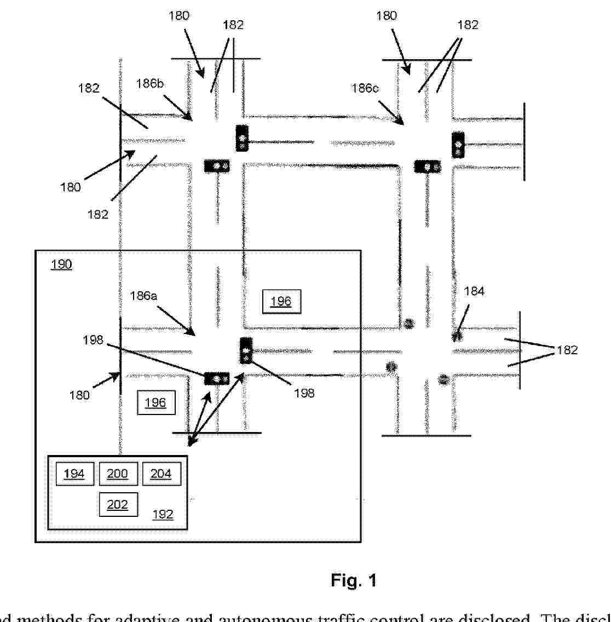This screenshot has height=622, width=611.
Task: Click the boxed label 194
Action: point(74,474)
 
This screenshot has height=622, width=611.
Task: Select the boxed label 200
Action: point(118,474)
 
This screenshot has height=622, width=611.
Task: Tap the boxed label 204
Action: point(161,474)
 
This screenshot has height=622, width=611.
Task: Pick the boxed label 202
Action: point(118,504)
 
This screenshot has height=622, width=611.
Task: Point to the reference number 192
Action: point(163,515)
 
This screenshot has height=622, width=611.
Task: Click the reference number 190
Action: point(61,265)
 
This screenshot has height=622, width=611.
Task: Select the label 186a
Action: point(143,296)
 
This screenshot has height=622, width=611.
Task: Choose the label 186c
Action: point(365,88)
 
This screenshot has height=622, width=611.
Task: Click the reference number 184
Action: point(474,292)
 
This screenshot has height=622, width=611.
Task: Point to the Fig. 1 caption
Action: point(354,580)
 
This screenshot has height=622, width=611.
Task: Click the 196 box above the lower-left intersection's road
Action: point(281,301)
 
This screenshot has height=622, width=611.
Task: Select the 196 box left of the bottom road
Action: point(155,403)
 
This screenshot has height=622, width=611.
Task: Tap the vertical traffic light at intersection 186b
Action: point(241,138)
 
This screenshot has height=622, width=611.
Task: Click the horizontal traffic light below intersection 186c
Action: point(428,166)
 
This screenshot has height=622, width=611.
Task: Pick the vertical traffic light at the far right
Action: point(458,145)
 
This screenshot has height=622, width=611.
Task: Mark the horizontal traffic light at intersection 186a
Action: point(217,378)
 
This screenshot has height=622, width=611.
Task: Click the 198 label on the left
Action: point(93,341)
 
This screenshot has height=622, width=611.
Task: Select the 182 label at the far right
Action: point(567,350)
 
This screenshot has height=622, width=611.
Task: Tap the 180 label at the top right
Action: point(386,16)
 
